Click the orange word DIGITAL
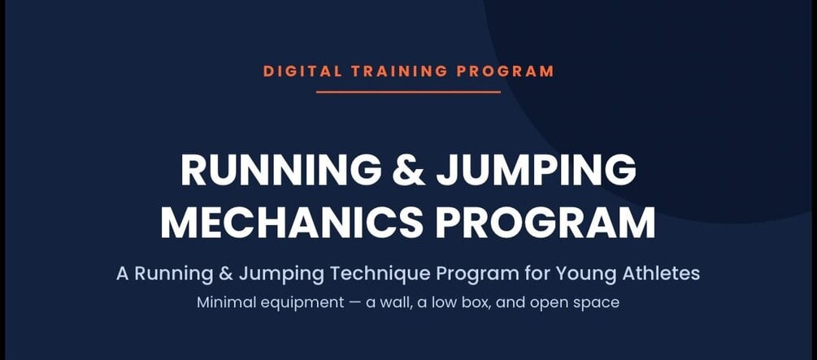click(x=302, y=72)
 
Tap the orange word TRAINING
click(x=400, y=72)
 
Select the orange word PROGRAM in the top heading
click(x=506, y=72)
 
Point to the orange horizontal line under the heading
click(x=408, y=92)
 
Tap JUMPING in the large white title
click(x=537, y=171)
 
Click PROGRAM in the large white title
click(x=545, y=223)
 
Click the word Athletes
click(x=661, y=274)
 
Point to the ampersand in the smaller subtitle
click(x=226, y=274)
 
